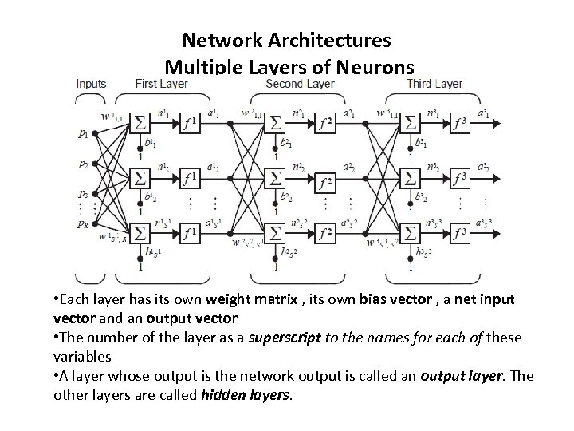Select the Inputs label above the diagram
click(92, 83)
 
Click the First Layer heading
click(162, 83)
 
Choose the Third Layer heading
click(434, 83)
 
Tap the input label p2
click(84, 164)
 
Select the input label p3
click(84, 193)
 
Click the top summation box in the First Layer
click(140, 124)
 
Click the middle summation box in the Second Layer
click(277, 178)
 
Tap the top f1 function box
click(191, 124)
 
